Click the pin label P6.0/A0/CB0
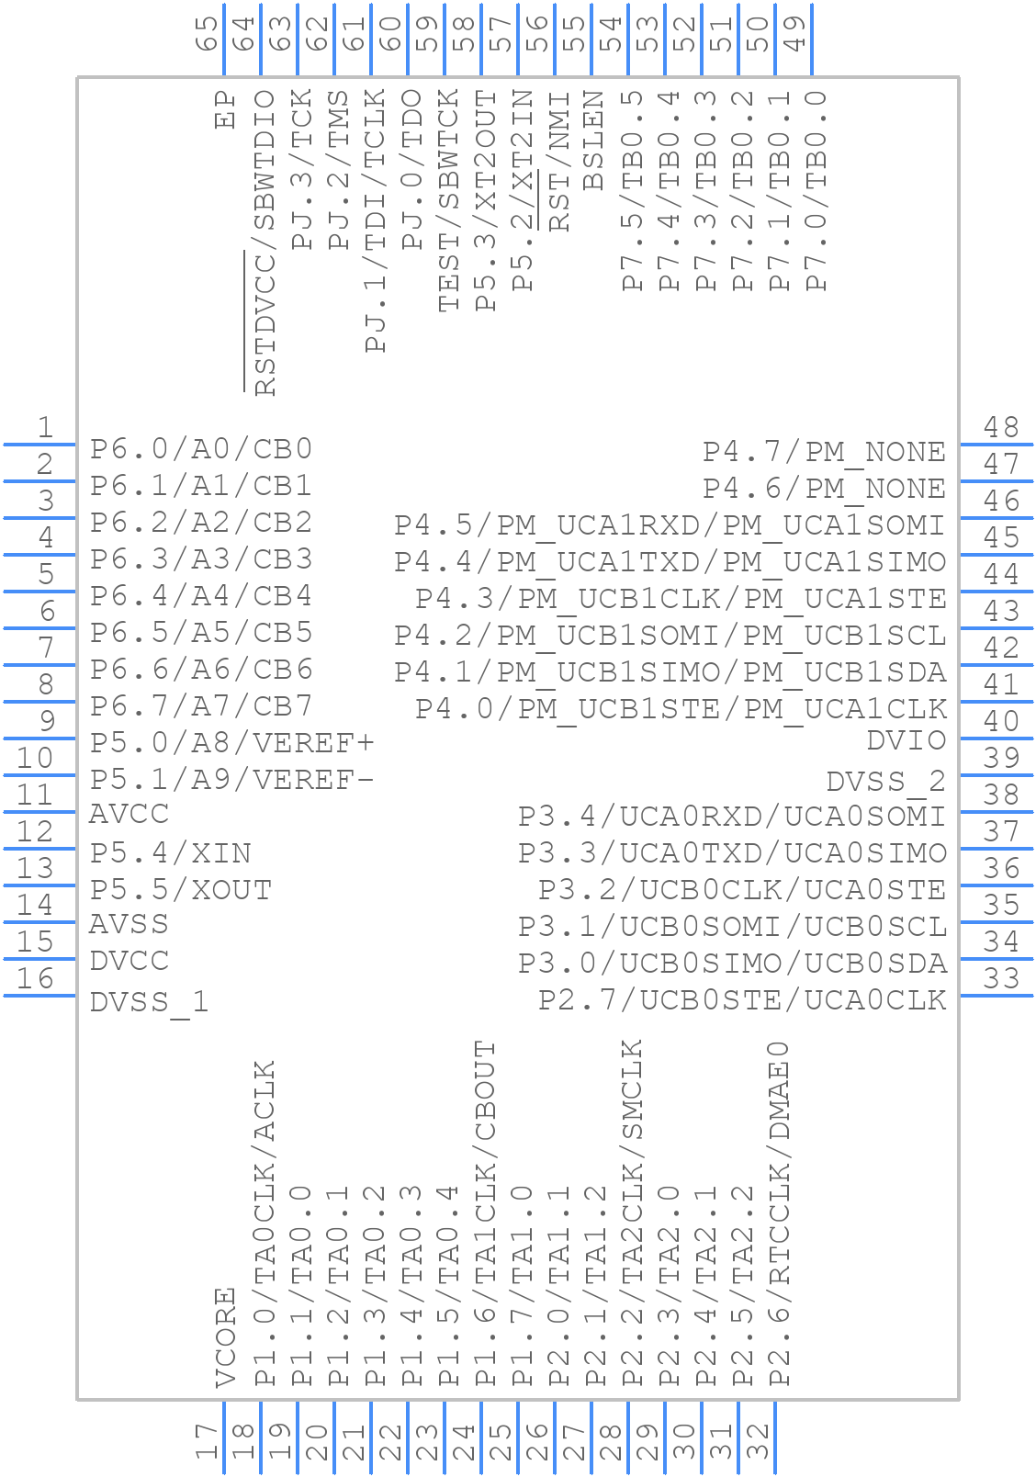click(201, 449)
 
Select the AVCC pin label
click(129, 815)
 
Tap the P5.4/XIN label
click(171, 853)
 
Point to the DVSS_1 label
click(150, 1002)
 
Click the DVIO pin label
click(906, 740)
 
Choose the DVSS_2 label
click(886, 782)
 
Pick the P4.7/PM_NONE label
click(824, 452)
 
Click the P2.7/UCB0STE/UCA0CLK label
click(742, 1000)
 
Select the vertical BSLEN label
click(593, 140)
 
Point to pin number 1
click(44, 427)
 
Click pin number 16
click(36, 978)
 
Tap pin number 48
click(1001, 427)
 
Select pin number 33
click(1001, 978)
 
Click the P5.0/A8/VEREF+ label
click(232, 742)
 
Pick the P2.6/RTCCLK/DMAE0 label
click(779, 1213)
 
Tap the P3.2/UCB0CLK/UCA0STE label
click(742, 890)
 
